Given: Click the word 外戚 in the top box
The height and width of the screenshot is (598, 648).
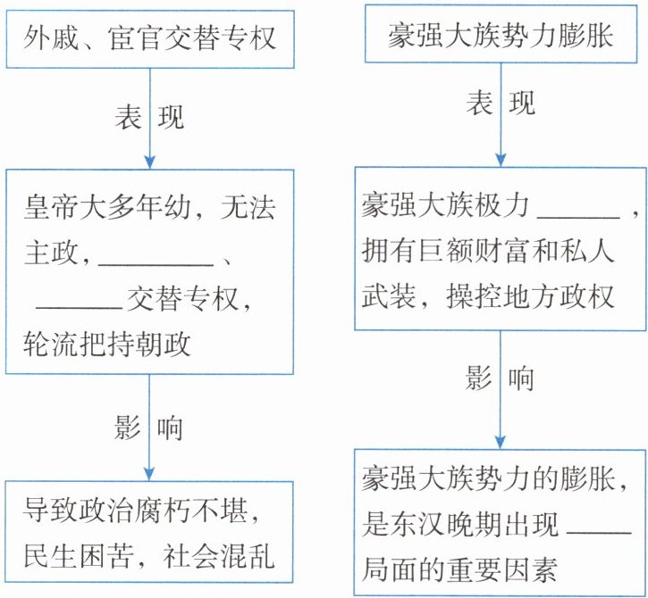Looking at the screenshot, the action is (x=55, y=38).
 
